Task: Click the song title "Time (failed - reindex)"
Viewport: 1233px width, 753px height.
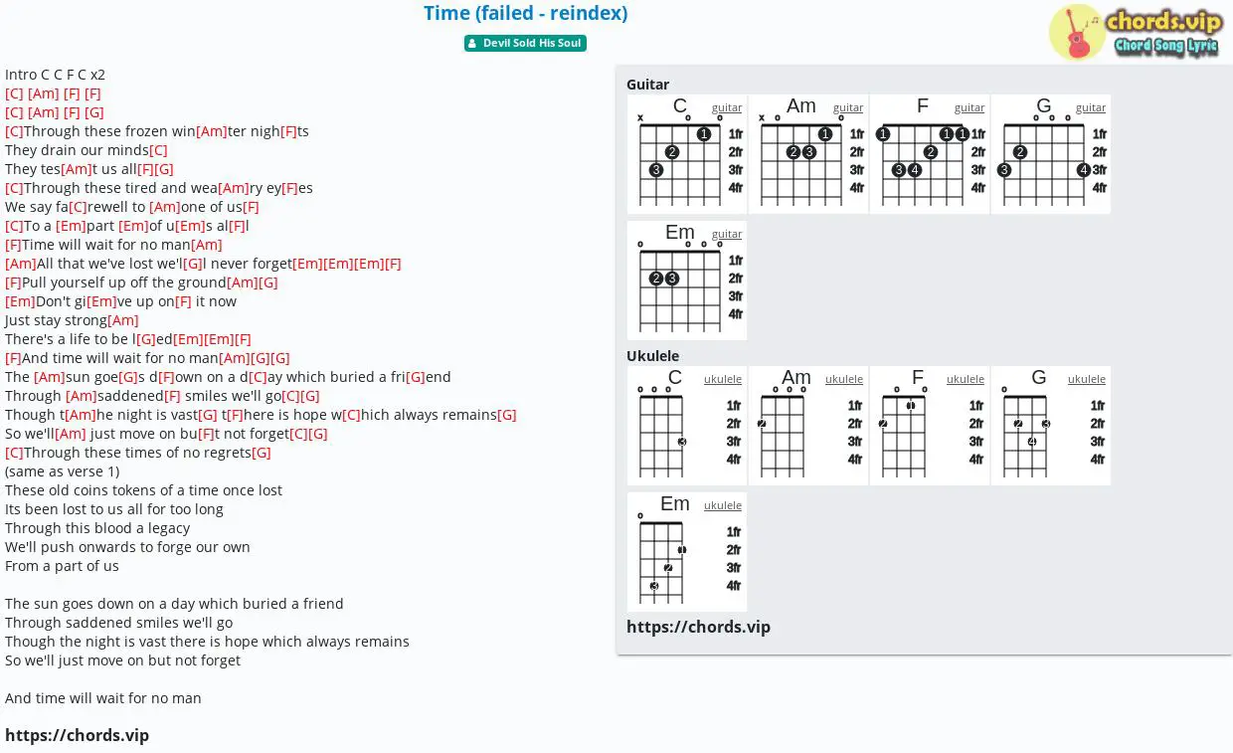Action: point(525,13)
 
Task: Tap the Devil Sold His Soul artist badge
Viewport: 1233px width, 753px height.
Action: point(525,43)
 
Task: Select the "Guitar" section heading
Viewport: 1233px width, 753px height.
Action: point(647,85)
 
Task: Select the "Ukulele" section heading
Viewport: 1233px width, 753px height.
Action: point(652,356)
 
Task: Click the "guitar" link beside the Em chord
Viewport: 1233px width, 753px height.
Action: point(727,234)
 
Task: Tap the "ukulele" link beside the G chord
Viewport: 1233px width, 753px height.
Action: point(1086,379)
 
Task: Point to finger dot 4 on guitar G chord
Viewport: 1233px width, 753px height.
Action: point(1083,170)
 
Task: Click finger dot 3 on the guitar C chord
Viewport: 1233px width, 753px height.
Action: point(655,170)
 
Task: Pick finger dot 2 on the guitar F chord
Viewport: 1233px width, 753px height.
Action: point(931,152)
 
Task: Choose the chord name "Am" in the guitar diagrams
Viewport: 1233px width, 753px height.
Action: point(800,105)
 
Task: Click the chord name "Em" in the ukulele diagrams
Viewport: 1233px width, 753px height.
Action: point(675,503)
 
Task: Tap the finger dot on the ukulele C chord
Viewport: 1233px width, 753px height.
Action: point(682,442)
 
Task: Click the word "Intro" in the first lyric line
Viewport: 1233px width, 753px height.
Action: point(21,75)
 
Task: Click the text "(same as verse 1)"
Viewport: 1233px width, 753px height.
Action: point(63,471)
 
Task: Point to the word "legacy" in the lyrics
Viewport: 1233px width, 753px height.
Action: point(169,528)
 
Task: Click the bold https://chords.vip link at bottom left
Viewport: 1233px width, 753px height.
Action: point(78,735)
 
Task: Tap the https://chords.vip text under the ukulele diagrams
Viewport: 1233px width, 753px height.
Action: point(698,627)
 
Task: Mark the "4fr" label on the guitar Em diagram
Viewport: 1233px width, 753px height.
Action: point(736,314)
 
